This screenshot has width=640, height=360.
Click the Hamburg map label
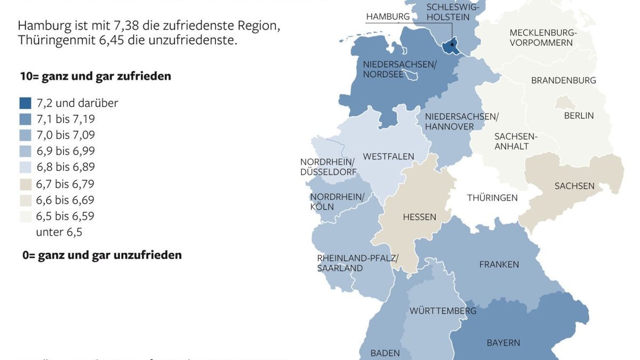tap(388, 17)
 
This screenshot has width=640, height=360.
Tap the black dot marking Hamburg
tap(452, 45)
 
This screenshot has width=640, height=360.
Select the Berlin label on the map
tap(579, 116)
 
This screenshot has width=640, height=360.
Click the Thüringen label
tap(492, 198)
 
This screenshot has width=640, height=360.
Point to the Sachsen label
tap(574, 186)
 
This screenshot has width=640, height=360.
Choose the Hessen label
tap(419, 217)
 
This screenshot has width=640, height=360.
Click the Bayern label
tap(503, 343)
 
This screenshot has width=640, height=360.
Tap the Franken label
tap(499, 265)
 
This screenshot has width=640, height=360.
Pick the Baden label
tap(385, 353)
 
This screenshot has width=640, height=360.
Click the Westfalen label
tap(388, 156)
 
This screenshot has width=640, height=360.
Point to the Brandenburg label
tap(563, 81)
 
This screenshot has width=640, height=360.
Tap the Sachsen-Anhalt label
tap(516, 141)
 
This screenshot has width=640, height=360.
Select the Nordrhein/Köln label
tap(337, 202)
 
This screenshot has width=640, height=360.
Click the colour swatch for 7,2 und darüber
tap(25, 103)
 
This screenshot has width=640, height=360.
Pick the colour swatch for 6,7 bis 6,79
tap(25, 185)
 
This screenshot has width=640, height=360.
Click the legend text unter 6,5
tap(59, 233)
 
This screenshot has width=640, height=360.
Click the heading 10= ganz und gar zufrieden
tap(95, 76)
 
